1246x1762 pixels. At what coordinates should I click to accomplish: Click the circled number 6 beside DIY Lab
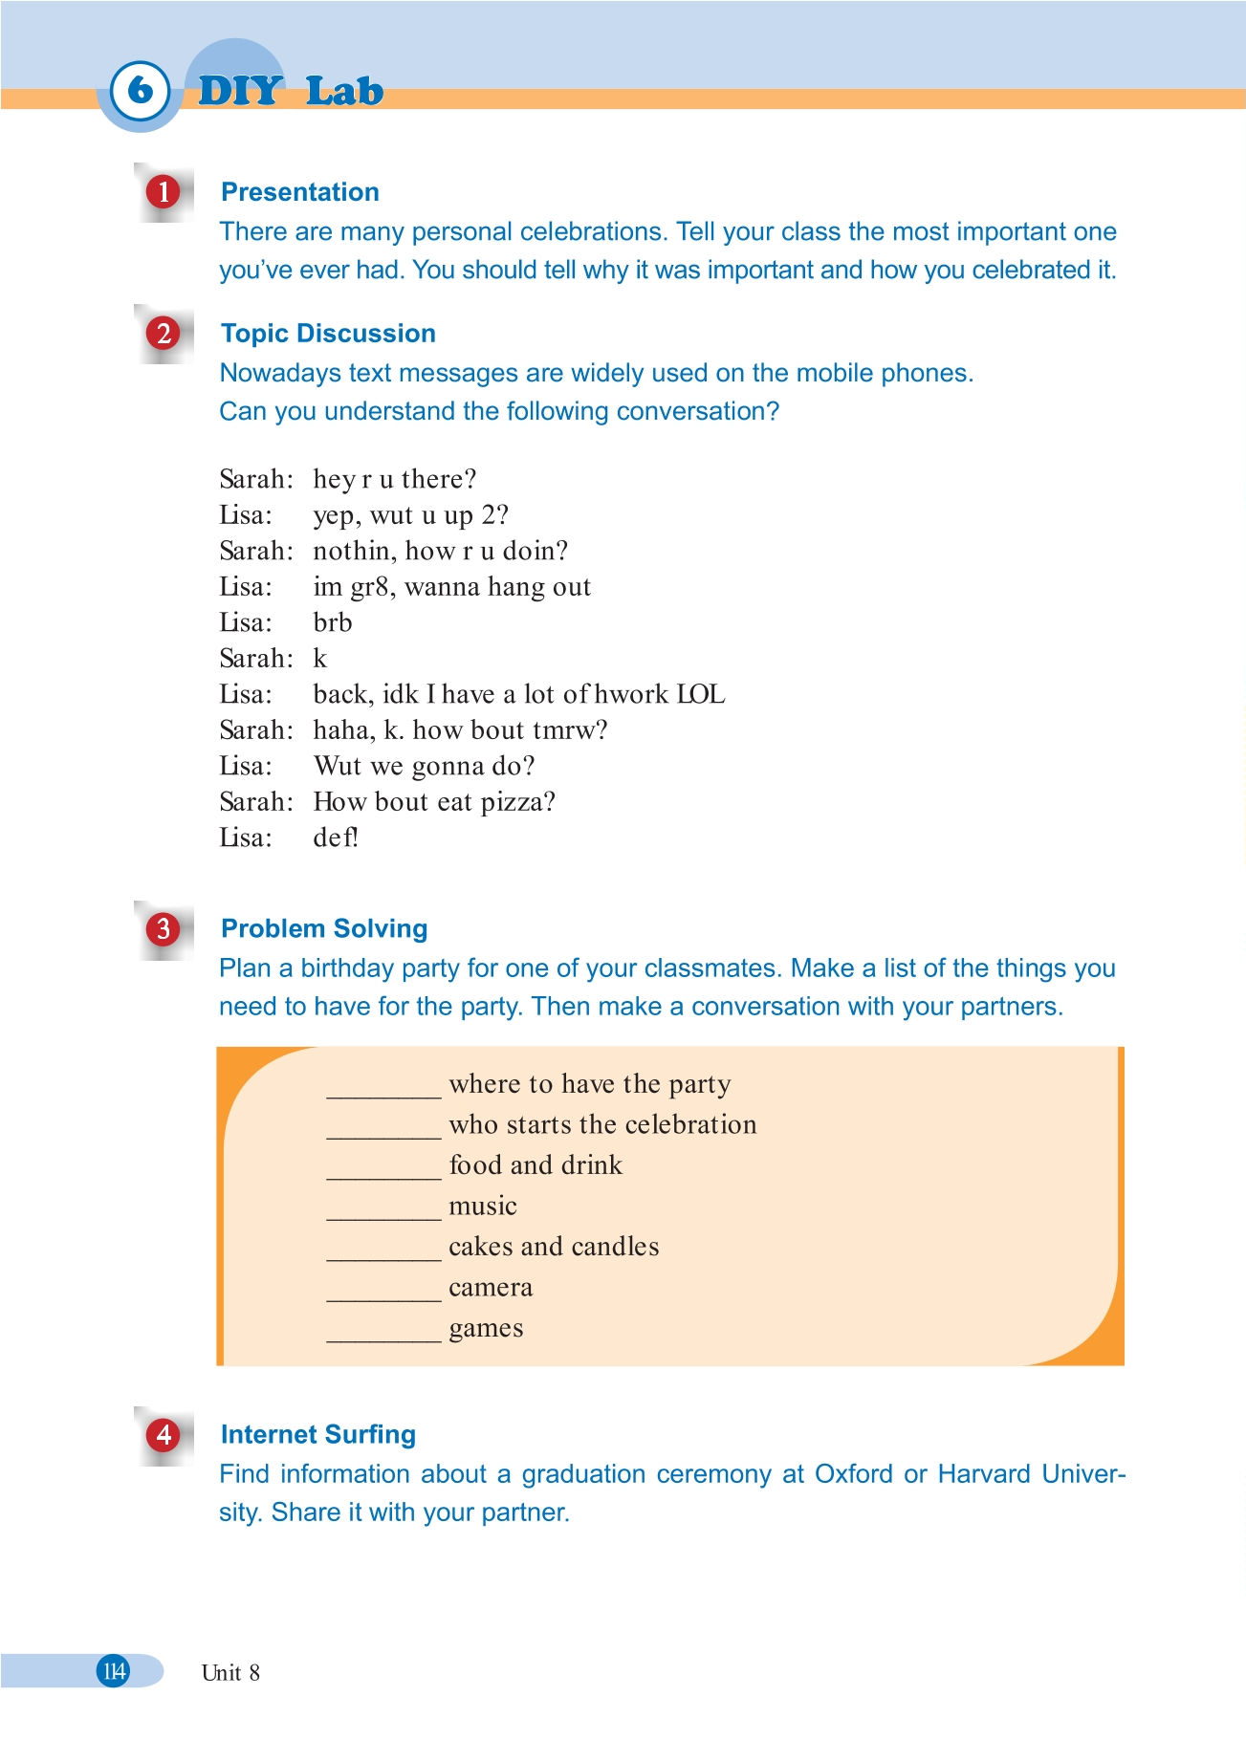pyautogui.click(x=141, y=91)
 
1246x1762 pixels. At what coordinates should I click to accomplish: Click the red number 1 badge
pyautogui.click(x=164, y=192)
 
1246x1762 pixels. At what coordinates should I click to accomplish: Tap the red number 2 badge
pyautogui.click(x=164, y=334)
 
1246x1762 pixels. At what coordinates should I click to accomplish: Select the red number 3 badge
pyautogui.click(x=164, y=929)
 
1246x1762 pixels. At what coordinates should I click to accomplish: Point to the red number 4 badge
pyautogui.click(x=164, y=1434)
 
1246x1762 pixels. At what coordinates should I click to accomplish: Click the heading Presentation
pyautogui.click(x=299, y=192)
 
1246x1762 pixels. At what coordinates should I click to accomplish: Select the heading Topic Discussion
pyautogui.click(x=328, y=334)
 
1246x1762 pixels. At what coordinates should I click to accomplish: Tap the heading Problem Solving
pyautogui.click(x=324, y=929)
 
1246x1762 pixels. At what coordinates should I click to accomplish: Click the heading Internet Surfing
pyautogui.click(x=317, y=1434)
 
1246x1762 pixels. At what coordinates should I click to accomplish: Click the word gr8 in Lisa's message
pyautogui.click(x=369, y=587)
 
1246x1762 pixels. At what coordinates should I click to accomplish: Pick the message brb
pyautogui.click(x=333, y=623)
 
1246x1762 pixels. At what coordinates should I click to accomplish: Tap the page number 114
pyautogui.click(x=114, y=1671)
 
